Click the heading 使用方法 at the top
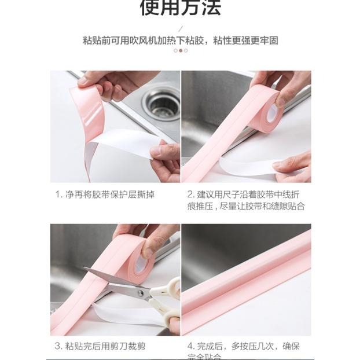180,8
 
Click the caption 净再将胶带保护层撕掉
110,194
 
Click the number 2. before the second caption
191,194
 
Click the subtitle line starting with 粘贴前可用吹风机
180,40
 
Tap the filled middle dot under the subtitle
180,50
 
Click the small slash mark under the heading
181,27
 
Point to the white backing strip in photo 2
246,167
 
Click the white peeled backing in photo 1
122,145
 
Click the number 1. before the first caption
58,194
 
